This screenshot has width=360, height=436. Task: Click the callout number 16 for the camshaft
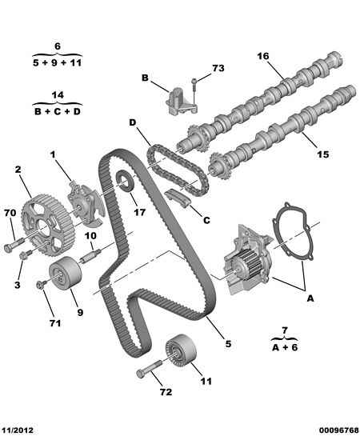click(x=262, y=56)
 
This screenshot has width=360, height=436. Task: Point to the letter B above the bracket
click(x=146, y=78)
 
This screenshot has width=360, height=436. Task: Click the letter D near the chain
click(x=131, y=122)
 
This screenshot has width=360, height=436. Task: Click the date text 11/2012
click(x=18, y=429)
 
